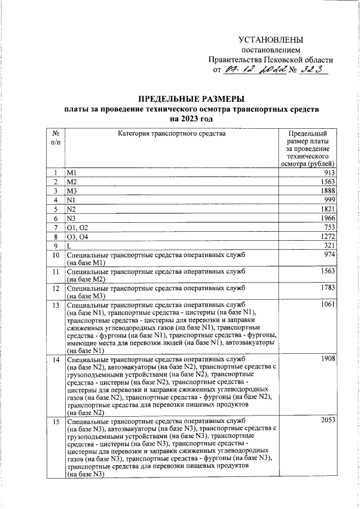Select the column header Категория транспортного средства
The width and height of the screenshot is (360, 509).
click(172, 134)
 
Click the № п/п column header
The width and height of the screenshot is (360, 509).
click(56, 138)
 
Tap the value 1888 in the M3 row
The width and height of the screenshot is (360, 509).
click(327, 191)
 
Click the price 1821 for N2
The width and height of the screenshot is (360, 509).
click(327, 209)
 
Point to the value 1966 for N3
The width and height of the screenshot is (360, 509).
click(327, 218)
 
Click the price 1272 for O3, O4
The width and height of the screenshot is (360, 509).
click(327, 237)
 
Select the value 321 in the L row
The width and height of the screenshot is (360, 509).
click(328, 246)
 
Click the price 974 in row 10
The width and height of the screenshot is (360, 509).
click(328, 255)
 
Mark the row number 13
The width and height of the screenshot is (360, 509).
click(56, 305)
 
